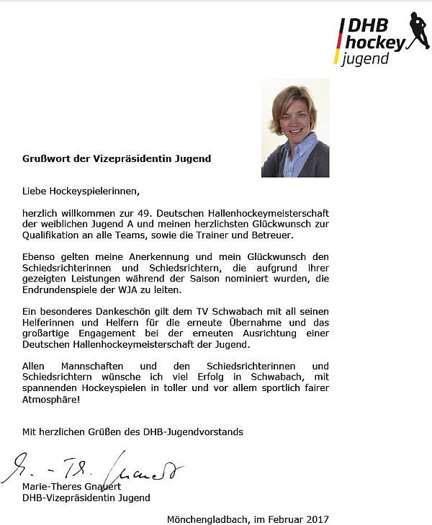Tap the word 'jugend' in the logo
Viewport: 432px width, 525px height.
coord(366,58)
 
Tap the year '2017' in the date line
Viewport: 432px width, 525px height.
coord(316,519)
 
